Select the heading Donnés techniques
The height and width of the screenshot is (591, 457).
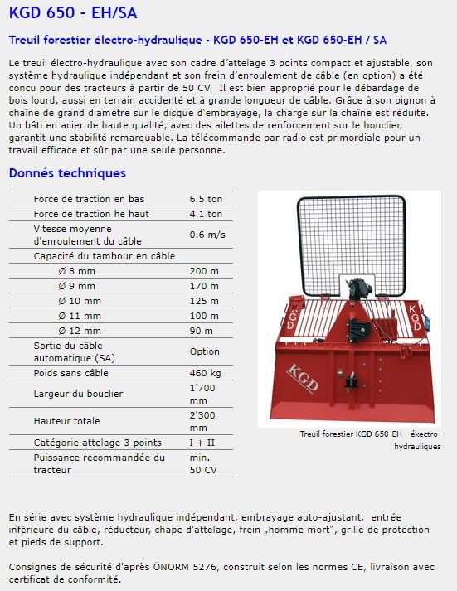pos(67,173)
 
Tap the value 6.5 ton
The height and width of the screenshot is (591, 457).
pos(206,199)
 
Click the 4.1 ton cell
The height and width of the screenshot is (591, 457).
pos(206,214)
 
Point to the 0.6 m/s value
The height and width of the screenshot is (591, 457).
pos(207,235)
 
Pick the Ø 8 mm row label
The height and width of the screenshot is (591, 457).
pos(77,271)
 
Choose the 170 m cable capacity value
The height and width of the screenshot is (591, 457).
pos(204,286)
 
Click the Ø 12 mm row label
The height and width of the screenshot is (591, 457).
pos(80,331)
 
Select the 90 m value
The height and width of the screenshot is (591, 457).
pos(202,331)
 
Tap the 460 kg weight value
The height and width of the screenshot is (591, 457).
pos(205,372)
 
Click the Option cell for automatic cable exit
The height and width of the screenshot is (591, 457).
pos(205,351)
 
